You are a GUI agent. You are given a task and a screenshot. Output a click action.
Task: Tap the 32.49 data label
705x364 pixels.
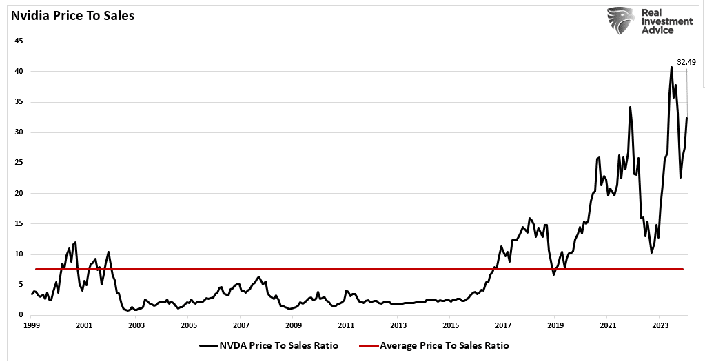(686, 62)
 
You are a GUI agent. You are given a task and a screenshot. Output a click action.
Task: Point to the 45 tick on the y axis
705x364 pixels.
(19, 41)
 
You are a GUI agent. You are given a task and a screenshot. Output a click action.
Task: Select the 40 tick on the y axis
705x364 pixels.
(19, 71)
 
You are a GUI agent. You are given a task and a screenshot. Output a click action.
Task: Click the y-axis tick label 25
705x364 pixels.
(19, 163)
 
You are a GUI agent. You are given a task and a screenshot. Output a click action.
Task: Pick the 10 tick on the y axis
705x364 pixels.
(19, 254)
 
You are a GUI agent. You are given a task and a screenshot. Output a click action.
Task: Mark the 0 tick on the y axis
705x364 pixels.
(21, 314)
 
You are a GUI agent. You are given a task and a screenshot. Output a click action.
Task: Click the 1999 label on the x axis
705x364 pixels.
(32, 325)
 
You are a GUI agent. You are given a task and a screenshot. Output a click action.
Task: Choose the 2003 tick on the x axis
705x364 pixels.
(136, 325)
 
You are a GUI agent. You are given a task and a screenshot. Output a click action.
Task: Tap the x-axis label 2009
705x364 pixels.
(294, 325)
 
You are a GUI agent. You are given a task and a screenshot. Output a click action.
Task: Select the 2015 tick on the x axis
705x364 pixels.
(451, 325)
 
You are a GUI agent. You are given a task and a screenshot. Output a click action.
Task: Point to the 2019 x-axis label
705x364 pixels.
(555, 325)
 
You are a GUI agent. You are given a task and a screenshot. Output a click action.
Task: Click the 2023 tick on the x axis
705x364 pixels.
(660, 325)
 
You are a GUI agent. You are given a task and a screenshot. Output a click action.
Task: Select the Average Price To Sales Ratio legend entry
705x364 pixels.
(444, 345)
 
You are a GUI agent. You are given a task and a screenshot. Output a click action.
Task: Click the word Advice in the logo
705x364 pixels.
(658, 30)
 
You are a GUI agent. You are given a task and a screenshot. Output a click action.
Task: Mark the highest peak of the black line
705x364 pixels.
(671, 67)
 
